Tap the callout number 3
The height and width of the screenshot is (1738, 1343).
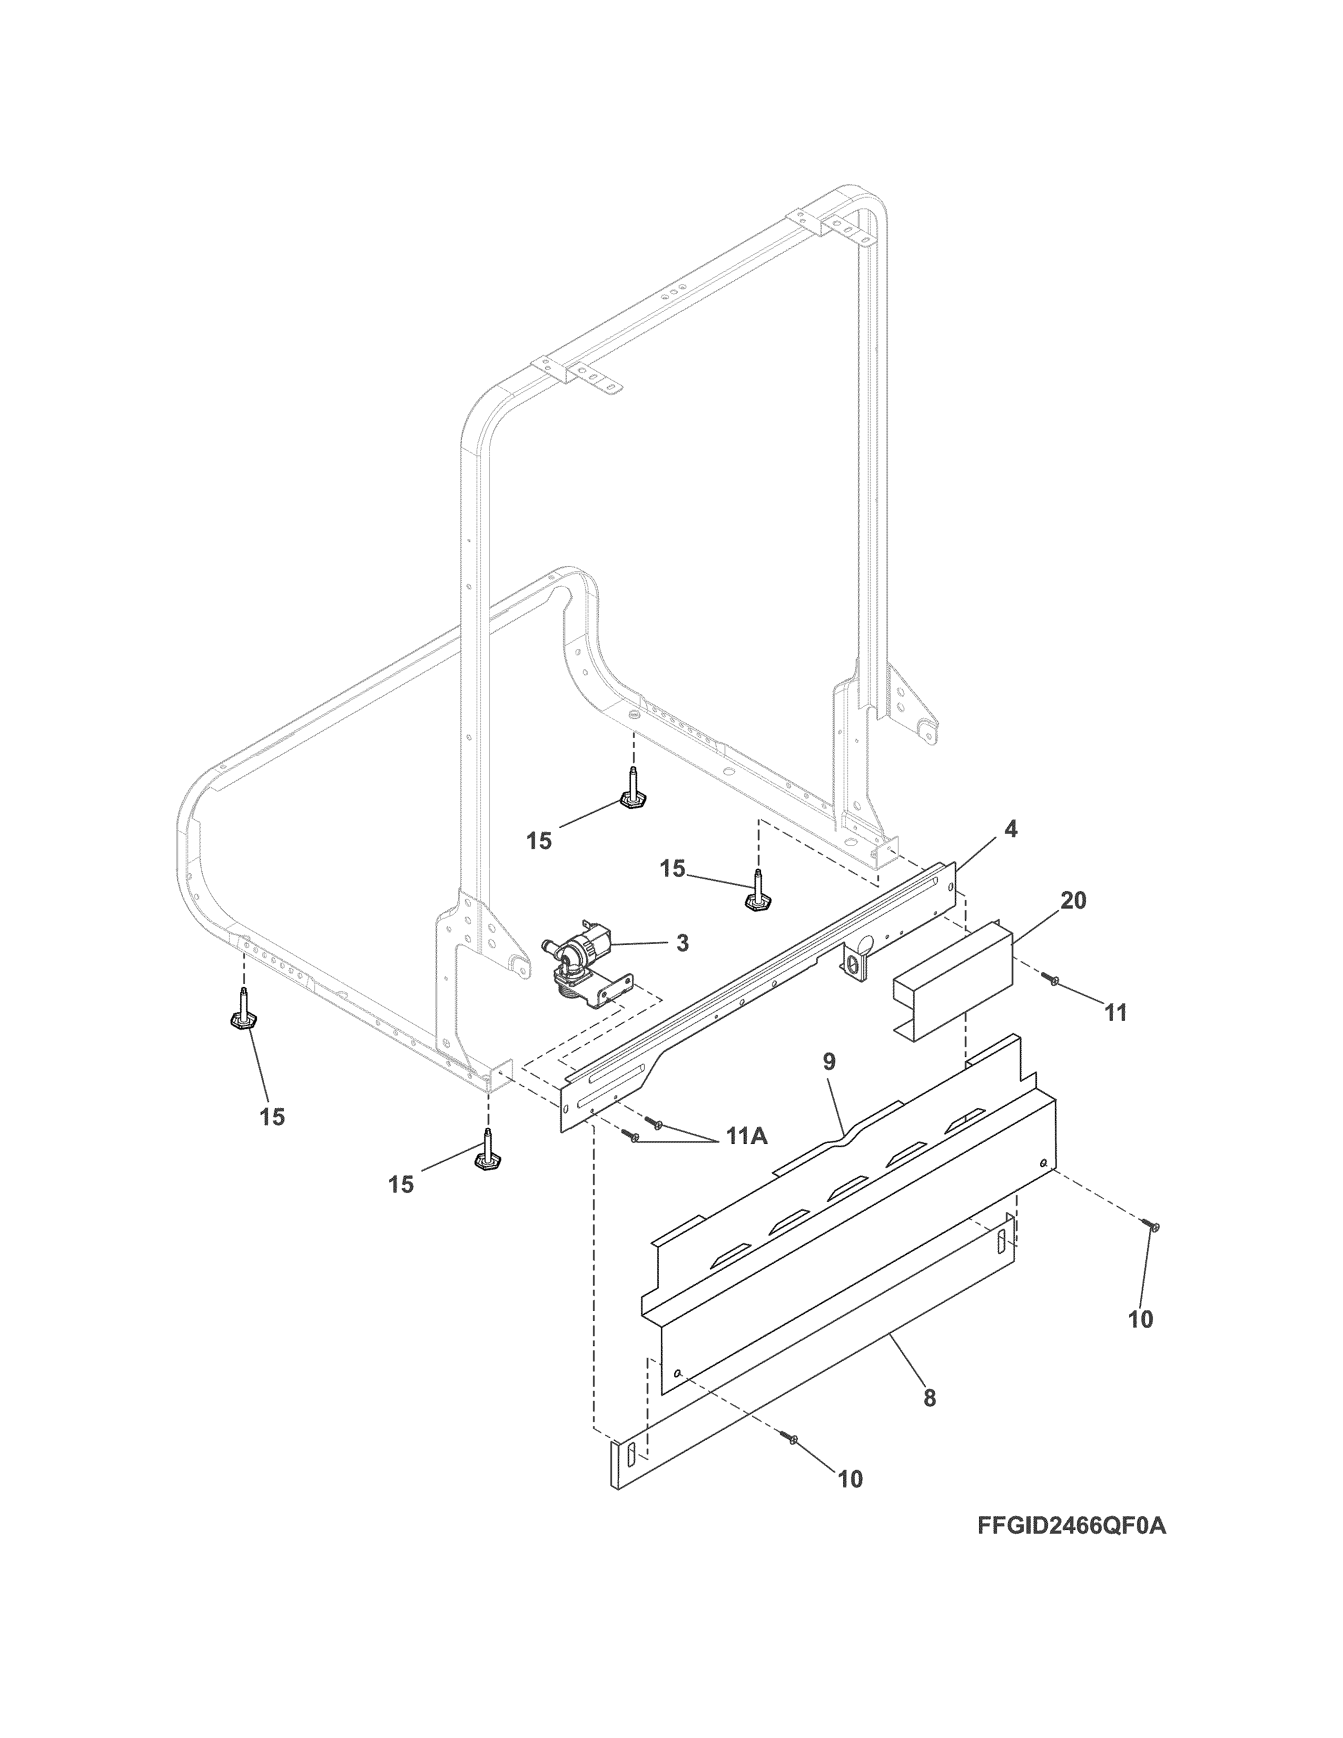tap(682, 944)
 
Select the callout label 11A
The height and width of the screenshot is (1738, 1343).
tap(745, 1137)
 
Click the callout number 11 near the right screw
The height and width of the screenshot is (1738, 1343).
tap(1115, 1013)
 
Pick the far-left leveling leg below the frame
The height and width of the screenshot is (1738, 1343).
tap(243, 1011)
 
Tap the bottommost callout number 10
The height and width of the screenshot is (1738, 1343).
tap(849, 1479)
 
